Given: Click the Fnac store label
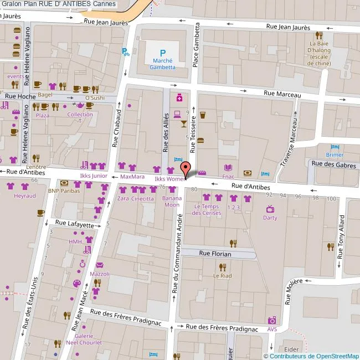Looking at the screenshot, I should coord(228,177).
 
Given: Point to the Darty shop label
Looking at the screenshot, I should coord(270,218).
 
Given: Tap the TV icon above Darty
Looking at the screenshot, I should coord(270,209).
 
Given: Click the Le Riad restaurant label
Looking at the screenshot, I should coord(223,275).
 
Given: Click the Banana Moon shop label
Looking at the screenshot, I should coord(171,201).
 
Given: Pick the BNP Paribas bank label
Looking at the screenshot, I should coord(64,191).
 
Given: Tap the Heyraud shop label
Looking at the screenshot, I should coord(25,196).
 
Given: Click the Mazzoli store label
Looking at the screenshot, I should coord(100,274).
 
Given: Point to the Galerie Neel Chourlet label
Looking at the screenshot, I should coord(84,339).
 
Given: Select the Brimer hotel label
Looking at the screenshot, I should coord(335,155).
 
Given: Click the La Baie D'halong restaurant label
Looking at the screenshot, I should coord(320,53).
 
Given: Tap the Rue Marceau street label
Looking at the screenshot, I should coord(282,94).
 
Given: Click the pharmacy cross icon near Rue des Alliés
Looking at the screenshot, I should coord(179,98).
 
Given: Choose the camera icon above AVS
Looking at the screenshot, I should coord(272,320).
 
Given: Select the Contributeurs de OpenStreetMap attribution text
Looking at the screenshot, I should coord(313,356).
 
